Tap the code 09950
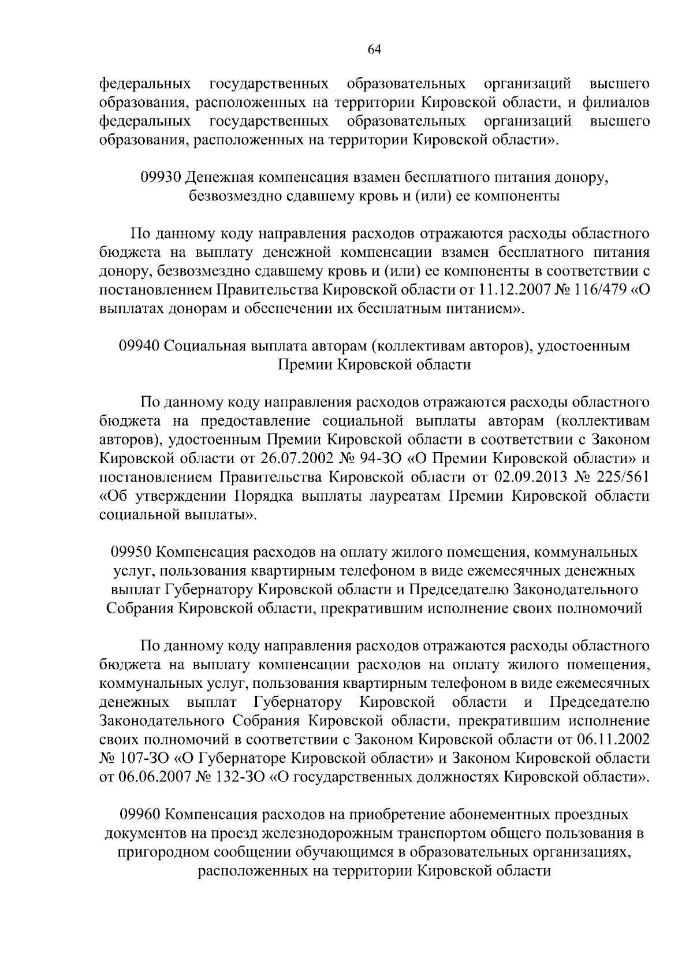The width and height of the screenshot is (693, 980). tap(131, 552)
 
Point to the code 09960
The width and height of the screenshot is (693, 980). tap(139, 815)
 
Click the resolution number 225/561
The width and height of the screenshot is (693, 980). tap(621, 477)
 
